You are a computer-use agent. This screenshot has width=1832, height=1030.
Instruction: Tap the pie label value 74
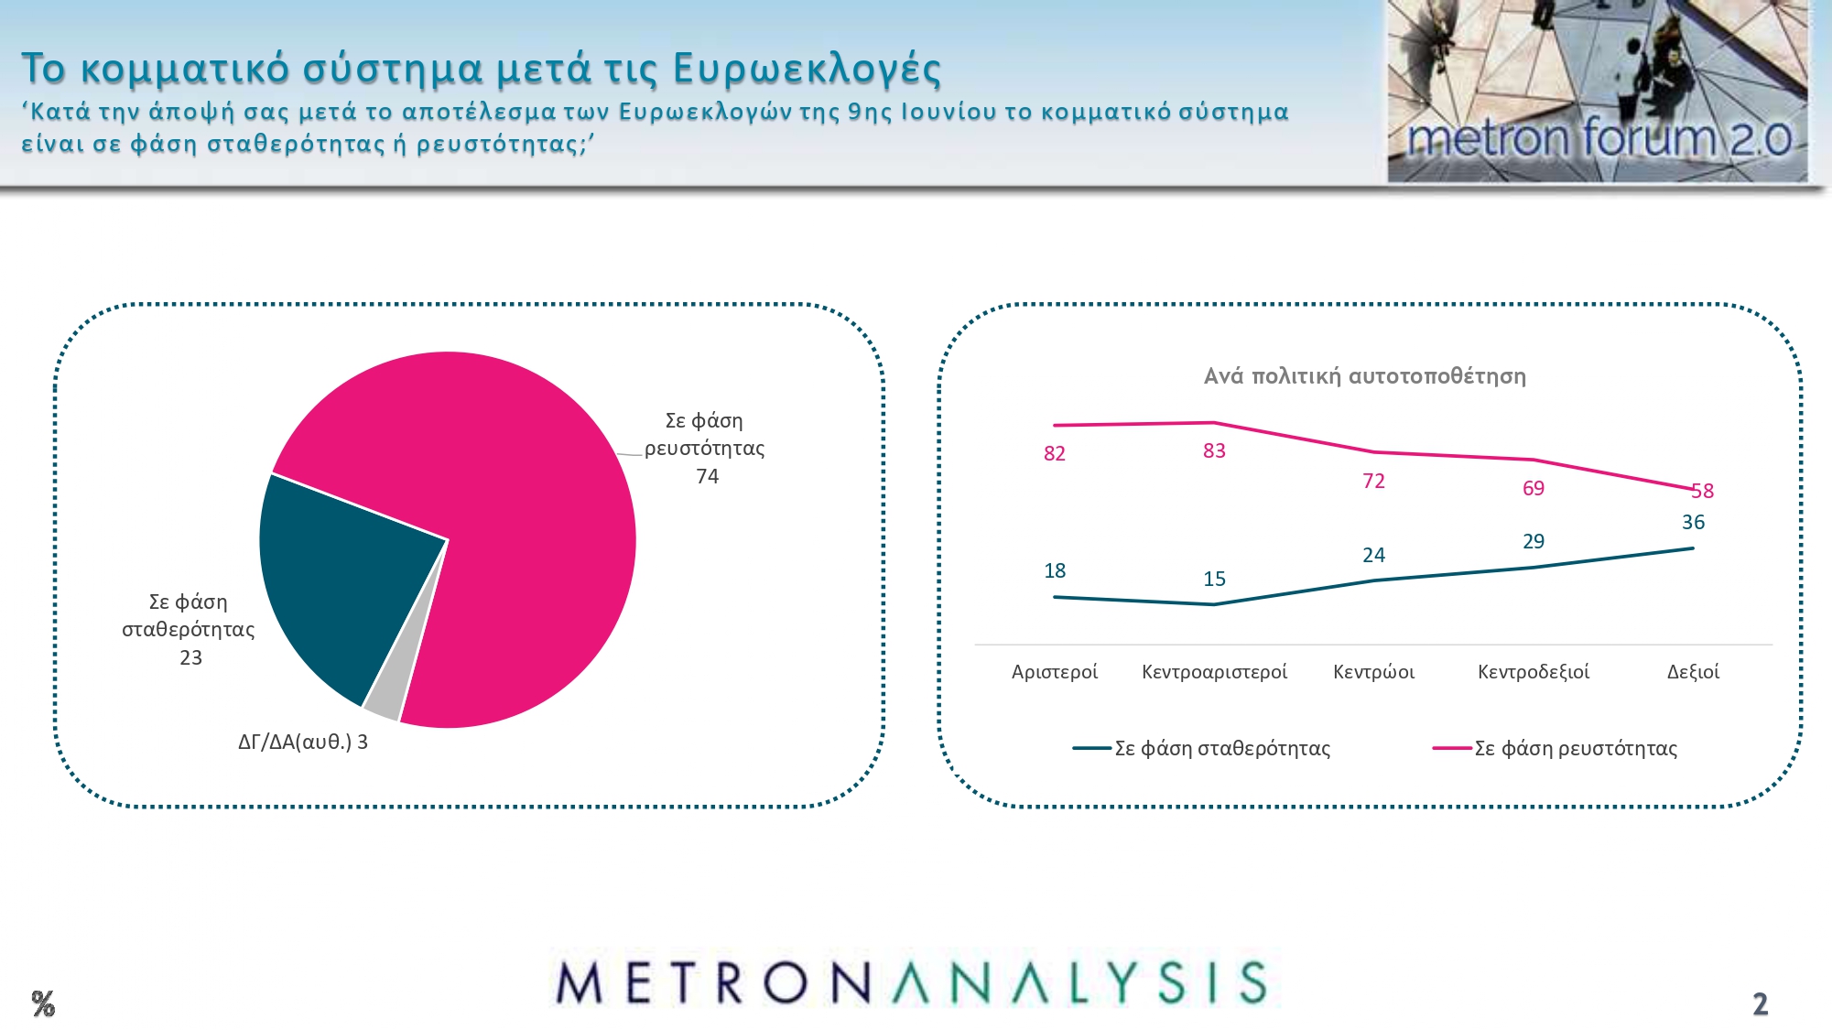pos(707,476)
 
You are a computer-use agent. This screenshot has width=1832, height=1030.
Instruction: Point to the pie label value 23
pos(190,657)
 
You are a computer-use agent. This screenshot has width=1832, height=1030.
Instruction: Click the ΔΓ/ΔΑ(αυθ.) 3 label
pos(303,742)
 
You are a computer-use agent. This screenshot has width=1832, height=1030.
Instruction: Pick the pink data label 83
pos(1214,450)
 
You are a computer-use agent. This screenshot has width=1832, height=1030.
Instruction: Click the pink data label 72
pos(1373,481)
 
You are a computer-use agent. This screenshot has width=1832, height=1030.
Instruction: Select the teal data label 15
pos(1214,579)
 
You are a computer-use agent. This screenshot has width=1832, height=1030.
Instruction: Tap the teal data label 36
pos(1693,522)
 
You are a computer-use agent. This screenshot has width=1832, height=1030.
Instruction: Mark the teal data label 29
pos(1534,541)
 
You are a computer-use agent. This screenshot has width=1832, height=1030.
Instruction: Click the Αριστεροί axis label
pos(1055,672)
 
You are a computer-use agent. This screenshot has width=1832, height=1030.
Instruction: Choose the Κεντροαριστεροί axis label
pos(1214,672)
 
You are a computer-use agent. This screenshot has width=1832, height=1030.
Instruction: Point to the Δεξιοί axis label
pos(1693,672)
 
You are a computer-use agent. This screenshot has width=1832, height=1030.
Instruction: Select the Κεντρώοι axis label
pos(1373,672)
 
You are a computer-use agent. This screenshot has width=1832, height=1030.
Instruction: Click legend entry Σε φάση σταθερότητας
pos(1202,748)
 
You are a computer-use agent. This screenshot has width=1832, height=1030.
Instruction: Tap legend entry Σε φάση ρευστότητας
pos(1556,748)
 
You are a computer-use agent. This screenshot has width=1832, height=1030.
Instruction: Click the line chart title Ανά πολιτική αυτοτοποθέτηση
pos(1365,376)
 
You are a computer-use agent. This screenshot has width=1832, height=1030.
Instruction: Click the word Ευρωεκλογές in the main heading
pos(807,69)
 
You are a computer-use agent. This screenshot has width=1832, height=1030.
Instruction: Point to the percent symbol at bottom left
pos(43,1003)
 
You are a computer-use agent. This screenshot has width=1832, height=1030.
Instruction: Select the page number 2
pos(1760,1004)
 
